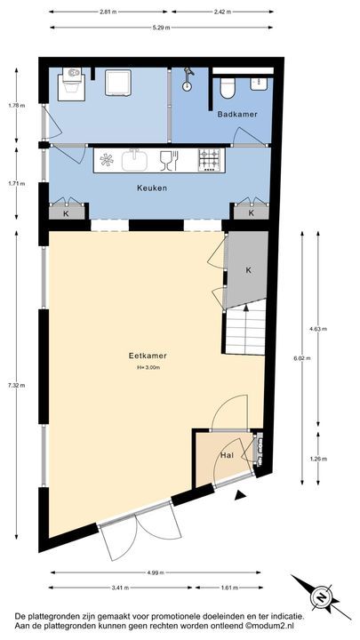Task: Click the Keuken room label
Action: [152, 188]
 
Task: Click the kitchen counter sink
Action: [136, 160]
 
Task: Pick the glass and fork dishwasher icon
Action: [168, 160]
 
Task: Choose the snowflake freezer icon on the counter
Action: [107, 160]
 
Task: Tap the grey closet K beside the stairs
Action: [247, 269]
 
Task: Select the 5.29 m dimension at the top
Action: [160, 27]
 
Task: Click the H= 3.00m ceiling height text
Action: [148, 367]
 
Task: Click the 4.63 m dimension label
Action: [317, 329]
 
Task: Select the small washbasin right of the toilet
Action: [259, 84]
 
